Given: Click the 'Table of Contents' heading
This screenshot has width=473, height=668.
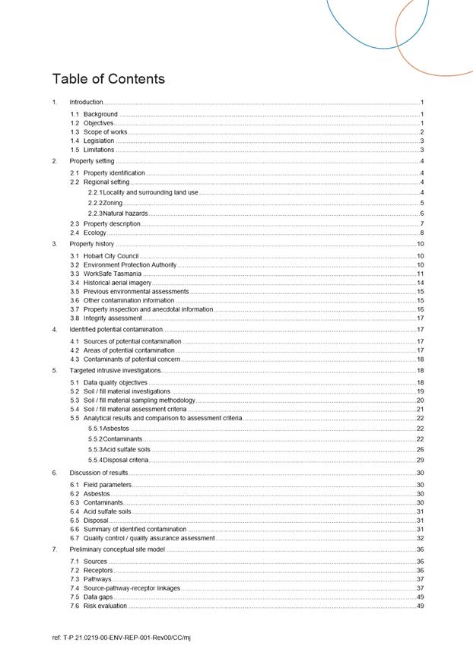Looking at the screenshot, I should coord(108,79).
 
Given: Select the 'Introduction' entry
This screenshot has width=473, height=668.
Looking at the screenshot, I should coord(86,102).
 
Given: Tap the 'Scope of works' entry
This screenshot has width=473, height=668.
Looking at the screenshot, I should coord(105,131).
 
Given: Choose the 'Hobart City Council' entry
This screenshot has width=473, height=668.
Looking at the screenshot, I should coord(111,256).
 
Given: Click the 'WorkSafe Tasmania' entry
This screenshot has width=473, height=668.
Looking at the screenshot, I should coord(113,273).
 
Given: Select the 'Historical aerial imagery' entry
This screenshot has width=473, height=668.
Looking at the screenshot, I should coord(117,282).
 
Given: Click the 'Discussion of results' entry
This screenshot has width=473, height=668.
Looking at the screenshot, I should coord(98,473).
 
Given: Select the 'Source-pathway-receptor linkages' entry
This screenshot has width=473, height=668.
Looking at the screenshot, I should coord(132,587).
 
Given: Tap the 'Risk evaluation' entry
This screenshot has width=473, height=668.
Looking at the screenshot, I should coord(105,606).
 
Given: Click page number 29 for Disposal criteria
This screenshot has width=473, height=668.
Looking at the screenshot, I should coord(420,460).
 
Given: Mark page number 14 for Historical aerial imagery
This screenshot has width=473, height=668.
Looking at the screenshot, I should coord(420,282).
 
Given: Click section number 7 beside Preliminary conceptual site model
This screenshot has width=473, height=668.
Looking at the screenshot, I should coord(54,549).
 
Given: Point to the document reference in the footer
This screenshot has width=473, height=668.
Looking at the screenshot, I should coord(121,637).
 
